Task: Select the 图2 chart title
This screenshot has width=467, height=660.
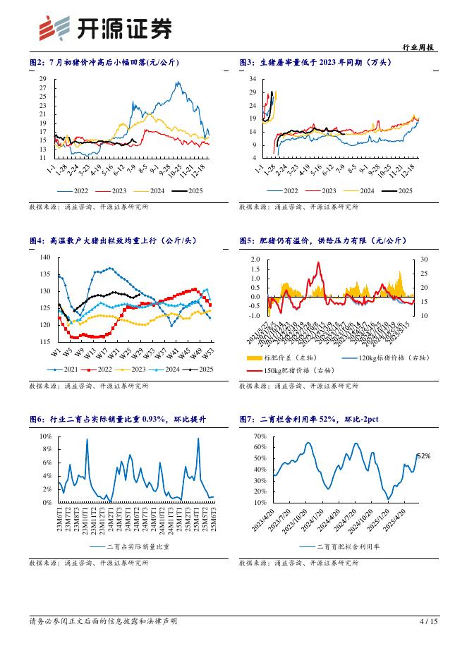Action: (104, 63)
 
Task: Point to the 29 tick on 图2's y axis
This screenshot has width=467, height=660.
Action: (43, 79)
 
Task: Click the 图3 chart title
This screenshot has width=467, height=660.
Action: (315, 63)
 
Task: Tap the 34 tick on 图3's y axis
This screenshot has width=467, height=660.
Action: (252, 79)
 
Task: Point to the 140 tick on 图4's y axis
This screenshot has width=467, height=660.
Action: (46, 257)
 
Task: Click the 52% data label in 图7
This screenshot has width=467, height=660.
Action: (423, 457)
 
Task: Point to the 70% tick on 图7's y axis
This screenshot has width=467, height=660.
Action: (257, 436)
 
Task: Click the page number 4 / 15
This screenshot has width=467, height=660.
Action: (428, 621)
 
